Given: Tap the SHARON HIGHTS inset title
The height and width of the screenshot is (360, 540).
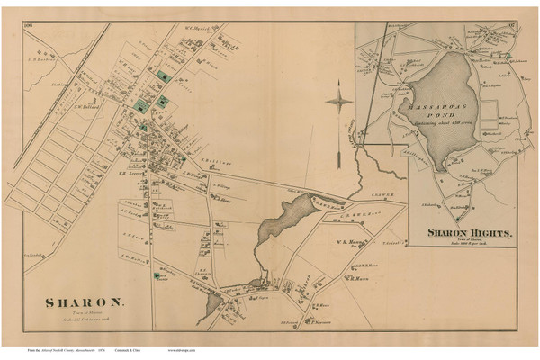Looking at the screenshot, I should (x=469, y=232).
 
